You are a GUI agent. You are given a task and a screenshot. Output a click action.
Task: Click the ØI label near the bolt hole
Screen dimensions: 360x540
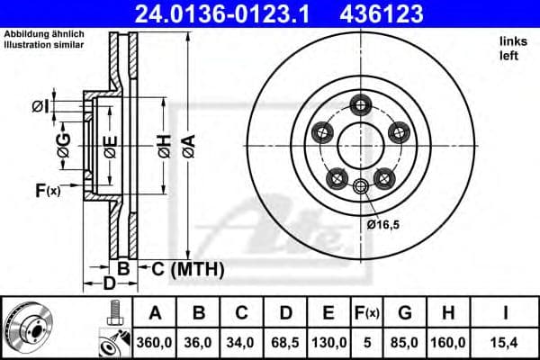tap(40, 107)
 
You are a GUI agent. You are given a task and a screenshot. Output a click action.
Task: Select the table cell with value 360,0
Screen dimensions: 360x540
tap(155, 341)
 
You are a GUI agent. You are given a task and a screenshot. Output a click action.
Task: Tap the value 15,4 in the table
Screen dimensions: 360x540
tap(506, 341)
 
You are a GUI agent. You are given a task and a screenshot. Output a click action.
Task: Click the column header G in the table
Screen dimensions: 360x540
tap(405, 312)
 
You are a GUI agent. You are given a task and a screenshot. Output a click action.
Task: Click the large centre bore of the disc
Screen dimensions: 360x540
tap(361, 145)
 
